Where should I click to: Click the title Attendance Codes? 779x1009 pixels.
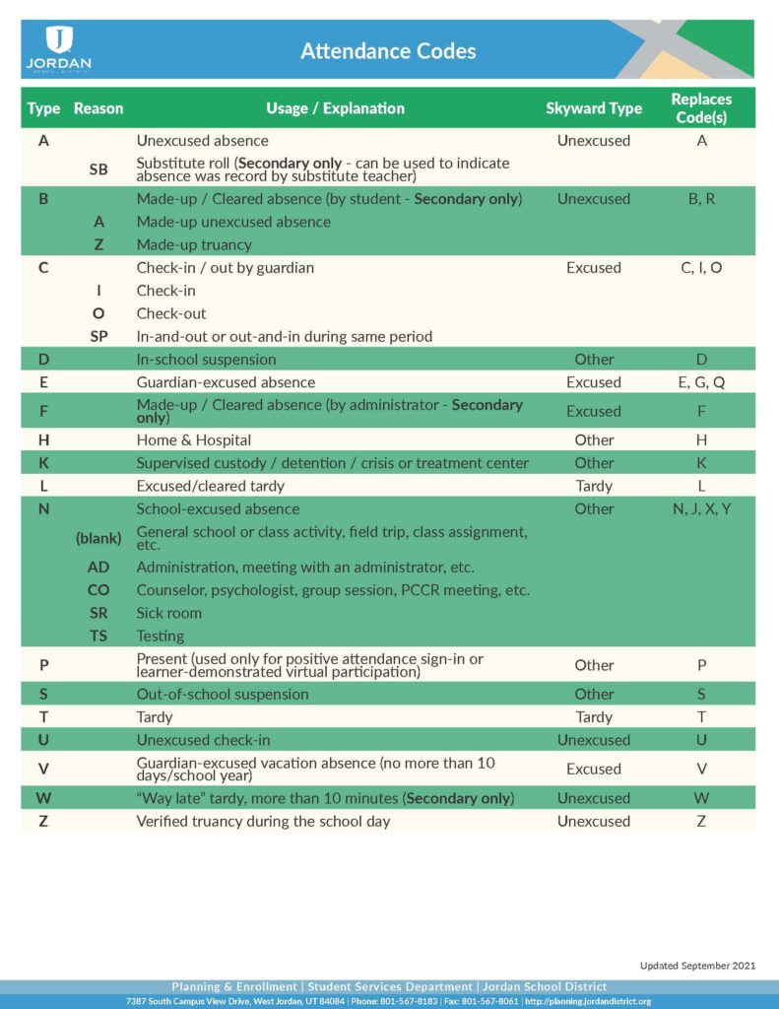pyautogui.click(x=388, y=50)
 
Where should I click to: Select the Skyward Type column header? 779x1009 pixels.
pyautogui.click(x=593, y=108)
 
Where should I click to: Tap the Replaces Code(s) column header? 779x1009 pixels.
pyautogui.click(x=701, y=107)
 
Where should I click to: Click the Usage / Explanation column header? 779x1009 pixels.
pyautogui.click(x=335, y=108)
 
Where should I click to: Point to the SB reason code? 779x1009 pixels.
pyautogui.click(x=98, y=169)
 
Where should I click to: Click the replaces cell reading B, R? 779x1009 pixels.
pyautogui.click(x=701, y=199)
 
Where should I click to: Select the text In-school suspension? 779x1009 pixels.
pyautogui.click(x=206, y=360)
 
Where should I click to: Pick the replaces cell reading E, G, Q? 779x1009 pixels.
pyautogui.click(x=701, y=382)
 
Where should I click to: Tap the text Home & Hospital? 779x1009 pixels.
pyautogui.click(x=194, y=440)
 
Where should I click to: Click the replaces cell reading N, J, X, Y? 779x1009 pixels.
pyautogui.click(x=701, y=509)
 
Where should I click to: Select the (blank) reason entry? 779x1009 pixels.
pyautogui.click(x=98, y=538)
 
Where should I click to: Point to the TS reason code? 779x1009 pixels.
pyautogui.click(x=98, y=637)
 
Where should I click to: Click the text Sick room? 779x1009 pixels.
pyautogui.click(x=169, y=613)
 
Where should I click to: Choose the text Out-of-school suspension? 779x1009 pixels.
pyautogui.click(x=223, y=695)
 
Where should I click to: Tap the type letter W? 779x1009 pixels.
pyautogui.click(x=43, y=798)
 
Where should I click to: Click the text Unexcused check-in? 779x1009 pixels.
pyautogui.click(x=204, y=740)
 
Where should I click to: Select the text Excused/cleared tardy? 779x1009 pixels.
pyautogui.click(x=210, y=486)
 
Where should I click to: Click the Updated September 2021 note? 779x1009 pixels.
pyautogui.click(x=696, y=966)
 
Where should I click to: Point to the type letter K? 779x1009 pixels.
pyautogui.click(x=43, y=463)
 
